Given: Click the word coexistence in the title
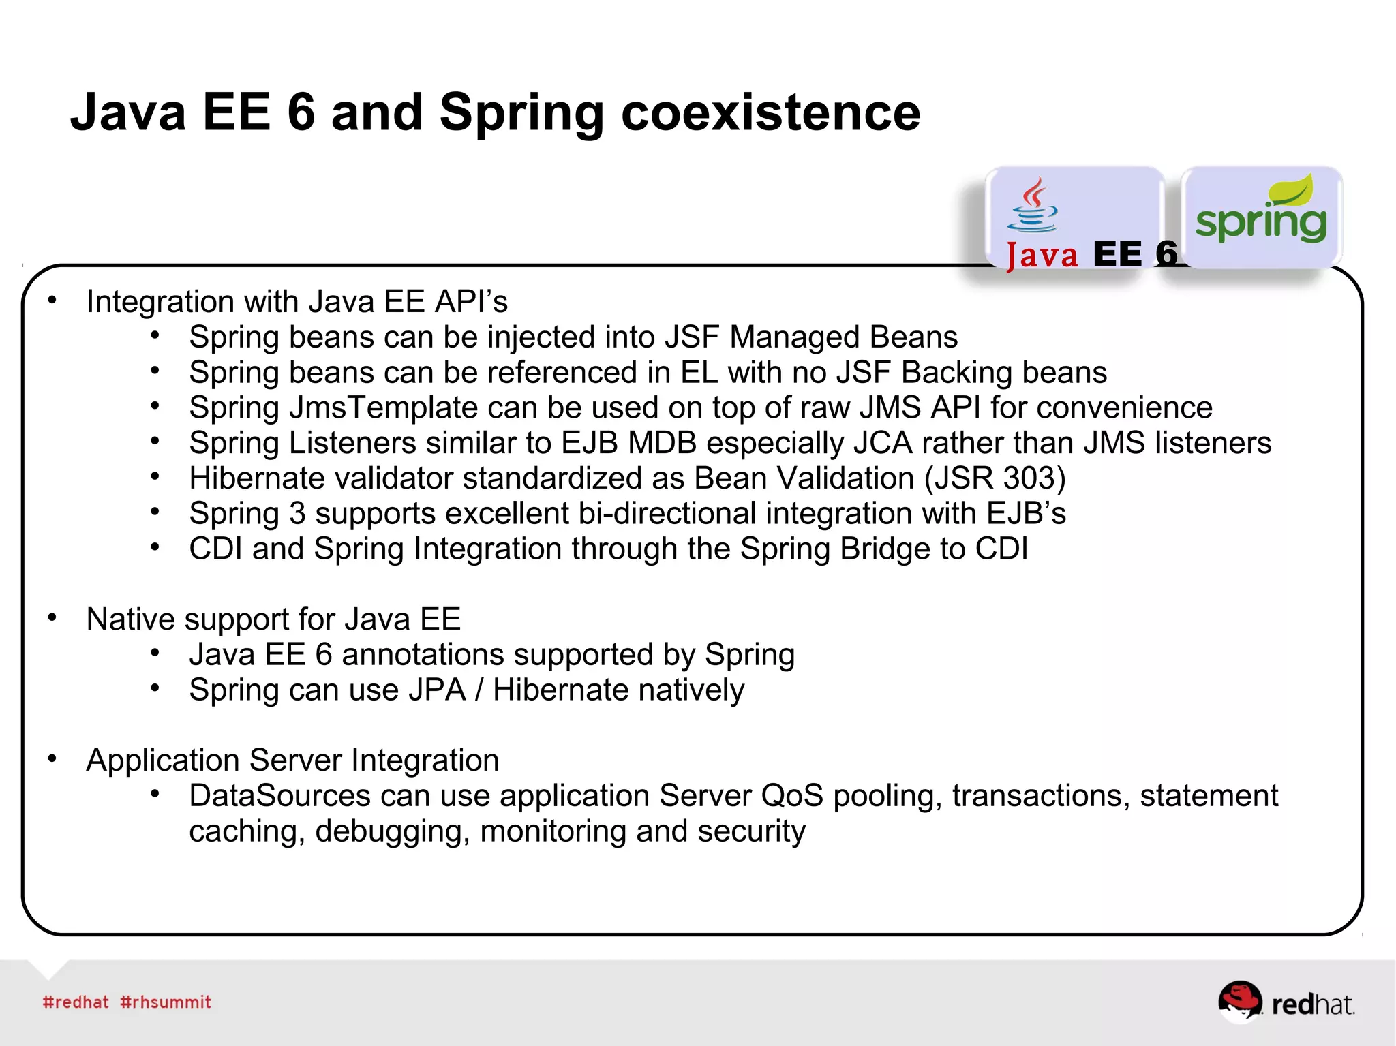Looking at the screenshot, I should coord(770,112).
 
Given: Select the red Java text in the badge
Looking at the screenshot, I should coord(1042,256).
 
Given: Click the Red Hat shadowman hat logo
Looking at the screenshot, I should coord(1239,1000).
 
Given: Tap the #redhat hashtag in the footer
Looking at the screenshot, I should coord(76,1002).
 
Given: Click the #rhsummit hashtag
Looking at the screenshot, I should coord(166,1002).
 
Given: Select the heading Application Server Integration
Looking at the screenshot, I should coord(292,760).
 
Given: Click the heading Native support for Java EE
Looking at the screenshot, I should coord(273,619).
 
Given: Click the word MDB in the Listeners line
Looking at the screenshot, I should coord(662,443).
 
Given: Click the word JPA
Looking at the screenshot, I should coord(436,690).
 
